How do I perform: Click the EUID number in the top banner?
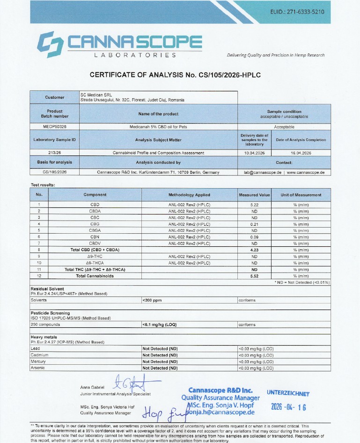(297, 12)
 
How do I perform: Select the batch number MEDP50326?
(54, 127)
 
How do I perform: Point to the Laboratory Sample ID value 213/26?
(54, 153)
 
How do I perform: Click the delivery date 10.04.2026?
(254, 153)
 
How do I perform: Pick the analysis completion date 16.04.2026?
(301, 153)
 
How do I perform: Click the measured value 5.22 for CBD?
(254, 205)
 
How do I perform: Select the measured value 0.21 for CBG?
(254, 224)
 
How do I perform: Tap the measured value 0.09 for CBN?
(254, 237)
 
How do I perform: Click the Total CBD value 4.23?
(254, 250)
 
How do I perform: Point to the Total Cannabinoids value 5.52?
(254, 276)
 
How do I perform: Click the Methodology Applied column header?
(189, 195)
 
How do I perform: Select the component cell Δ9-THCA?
(95, 263)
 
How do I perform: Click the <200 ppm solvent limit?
(152, 300)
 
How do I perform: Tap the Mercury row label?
(38, 362)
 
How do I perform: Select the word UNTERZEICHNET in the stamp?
(288, 393)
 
